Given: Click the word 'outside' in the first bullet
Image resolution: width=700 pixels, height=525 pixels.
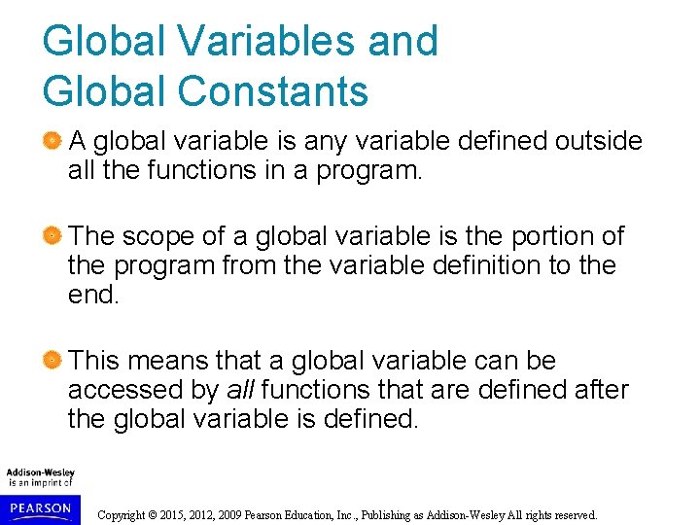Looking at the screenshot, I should (x=598, y=142).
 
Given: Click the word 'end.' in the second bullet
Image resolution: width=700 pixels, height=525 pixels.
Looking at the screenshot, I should (x=94, y=295).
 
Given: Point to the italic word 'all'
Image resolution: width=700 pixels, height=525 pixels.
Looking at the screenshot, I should (x=240, y=391).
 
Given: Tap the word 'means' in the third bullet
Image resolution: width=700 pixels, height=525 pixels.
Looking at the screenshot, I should (x=166, y=361).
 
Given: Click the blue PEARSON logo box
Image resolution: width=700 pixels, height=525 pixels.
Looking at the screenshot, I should (x=39, y=508).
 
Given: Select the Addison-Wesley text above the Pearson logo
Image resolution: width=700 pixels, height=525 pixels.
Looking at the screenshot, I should (x=40, y=472).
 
